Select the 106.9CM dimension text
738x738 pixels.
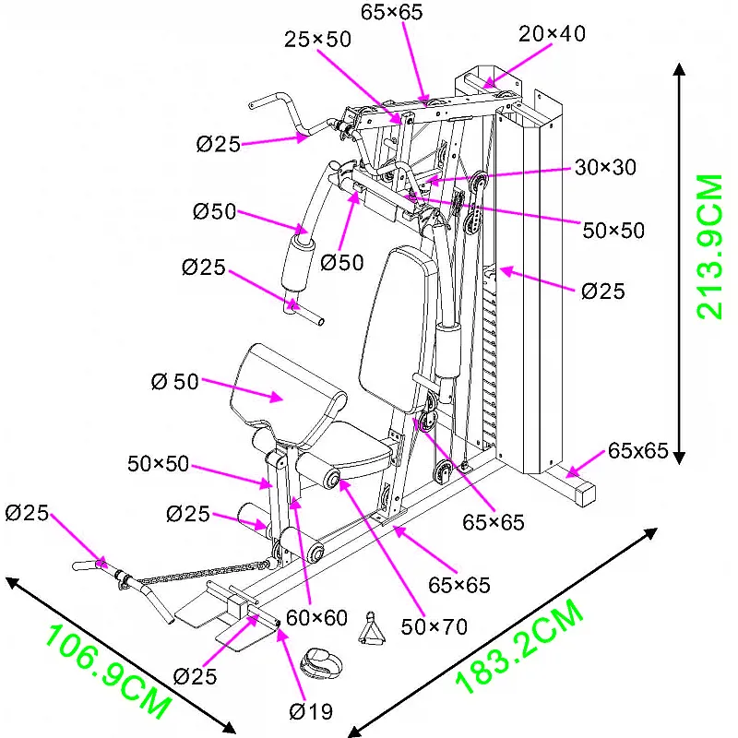(x=109, y=672)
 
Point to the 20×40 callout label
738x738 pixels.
(x=552, y=34)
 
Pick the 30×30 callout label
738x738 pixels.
(x=604, y=167)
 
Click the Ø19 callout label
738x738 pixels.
(x=311, y=710)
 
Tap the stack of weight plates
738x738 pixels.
(x=490, y=369)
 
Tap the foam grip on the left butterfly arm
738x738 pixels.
(x=298, y=261)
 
